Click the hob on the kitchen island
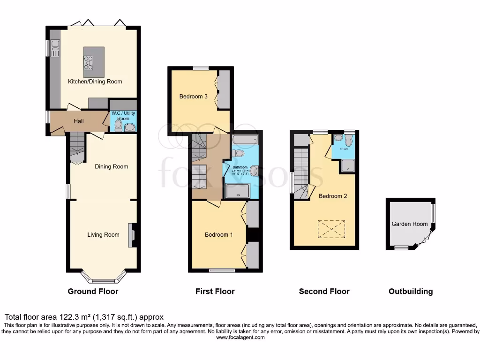(89, 62)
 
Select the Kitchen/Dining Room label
(95, 82)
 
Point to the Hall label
(79, 121)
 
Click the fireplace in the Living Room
(131, 234)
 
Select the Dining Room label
(112, 166)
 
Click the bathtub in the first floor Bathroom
(245, 139)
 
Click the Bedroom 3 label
(194, 97)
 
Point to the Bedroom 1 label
(218, 235)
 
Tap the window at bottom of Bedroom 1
(222, 270)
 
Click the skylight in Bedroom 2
(331, 229)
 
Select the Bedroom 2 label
(333, 196)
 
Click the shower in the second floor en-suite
(348, 165)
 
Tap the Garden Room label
(410, 224)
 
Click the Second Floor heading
(324, 292)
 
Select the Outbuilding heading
(411, 292)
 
